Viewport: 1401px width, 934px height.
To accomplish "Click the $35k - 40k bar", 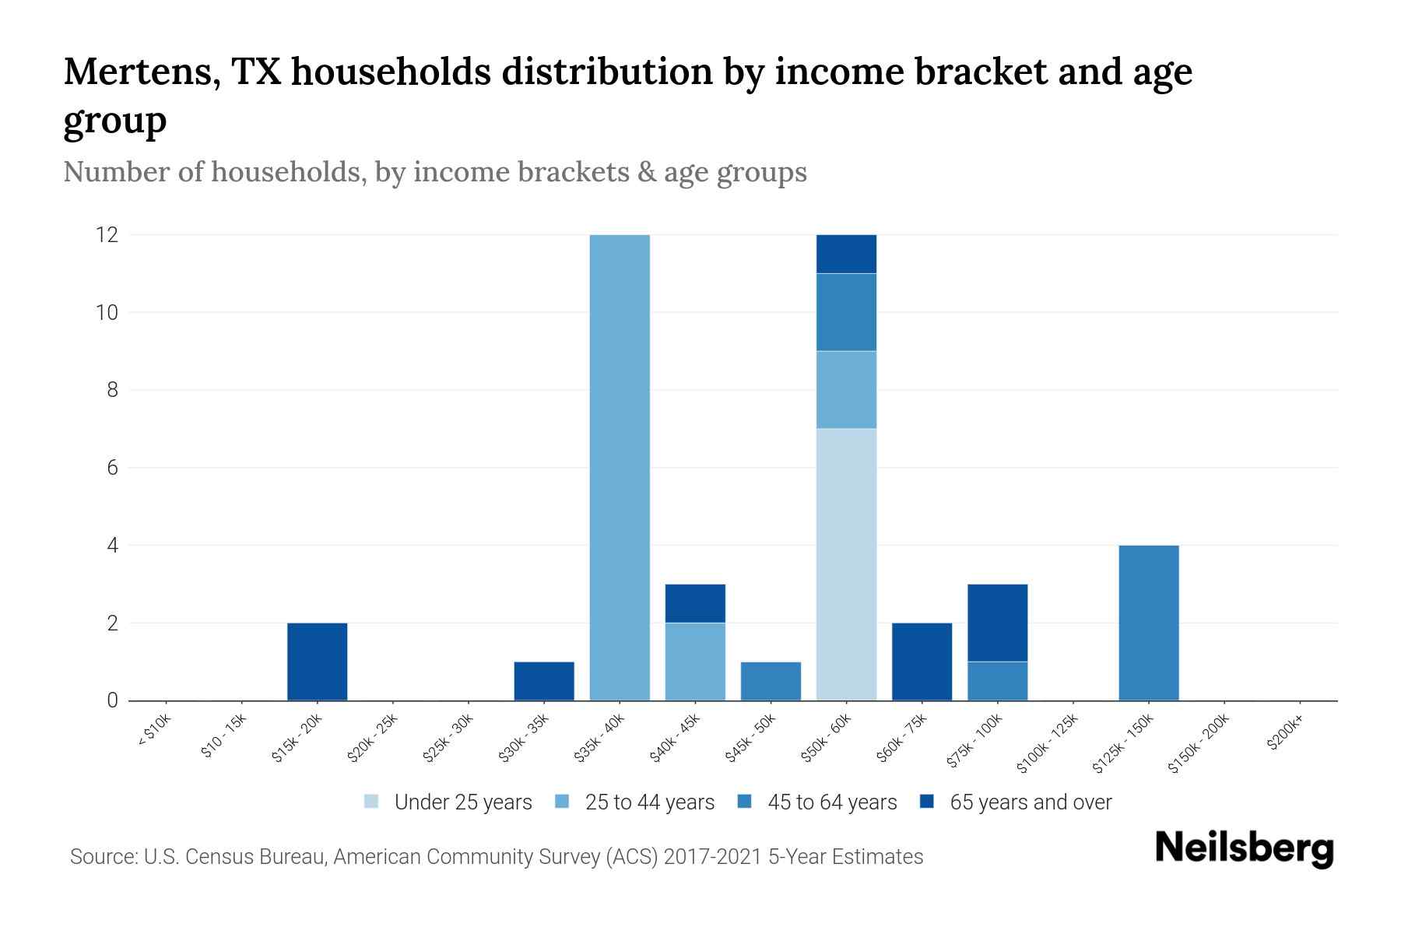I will [x=620, y=467].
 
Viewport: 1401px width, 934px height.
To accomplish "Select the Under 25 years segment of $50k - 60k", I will [x=846, y=564].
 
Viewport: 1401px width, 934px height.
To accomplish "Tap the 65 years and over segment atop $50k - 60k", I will [x=846, y=254].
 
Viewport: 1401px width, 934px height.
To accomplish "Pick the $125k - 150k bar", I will [x=1148, y=623].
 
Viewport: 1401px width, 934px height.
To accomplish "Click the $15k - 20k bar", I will [x=317, y=662].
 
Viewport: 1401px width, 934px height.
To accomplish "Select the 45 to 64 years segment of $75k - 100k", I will [x=997, y=681].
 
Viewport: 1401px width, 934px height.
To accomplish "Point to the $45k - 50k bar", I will [x=771, y=681].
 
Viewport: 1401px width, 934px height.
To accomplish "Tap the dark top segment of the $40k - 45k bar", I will [x=695, y=603].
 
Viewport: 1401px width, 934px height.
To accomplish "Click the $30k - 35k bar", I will [x=544, y=681].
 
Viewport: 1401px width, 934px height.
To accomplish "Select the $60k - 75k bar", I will [x=922, y=662].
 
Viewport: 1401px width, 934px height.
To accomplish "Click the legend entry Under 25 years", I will [x=462, y=802].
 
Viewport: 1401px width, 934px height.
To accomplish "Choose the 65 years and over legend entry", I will [x=1030, y=802].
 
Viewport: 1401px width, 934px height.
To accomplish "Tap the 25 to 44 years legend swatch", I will [x=562, y=802].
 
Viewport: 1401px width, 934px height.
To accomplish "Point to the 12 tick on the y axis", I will [x=107, y=234].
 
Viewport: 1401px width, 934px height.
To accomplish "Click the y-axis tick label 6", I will [x=113, y=468].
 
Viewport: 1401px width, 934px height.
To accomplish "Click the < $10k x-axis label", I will [x=154, y=732].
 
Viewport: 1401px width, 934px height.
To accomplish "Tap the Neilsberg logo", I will [x=1244, y=848].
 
